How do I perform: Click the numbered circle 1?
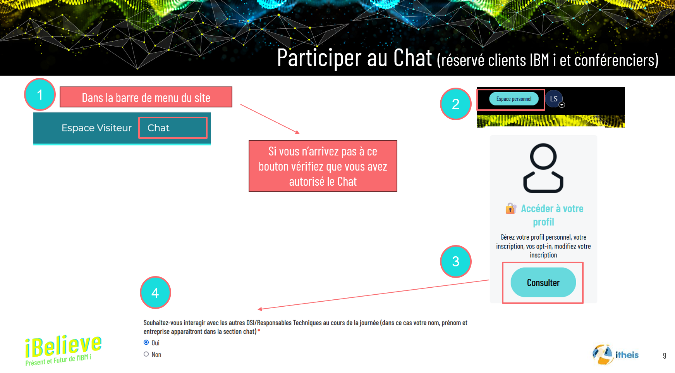pyautogui.click(x=40, y=95)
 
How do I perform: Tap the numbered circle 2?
pyautogui.click(x=455, y=104)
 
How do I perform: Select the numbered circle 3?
pyautogui.click(x=455, y=261)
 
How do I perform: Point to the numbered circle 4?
pyautogui.click(x=155, y=293)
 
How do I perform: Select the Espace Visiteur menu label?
pyautogui.click(x=96, y=128)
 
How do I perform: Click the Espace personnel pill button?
pyautogui.click(x=514, y=99)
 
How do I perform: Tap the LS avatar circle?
pyautogui.click(x=554, y=99)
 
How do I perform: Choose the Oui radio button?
pyautogui.click(x=146, y=342)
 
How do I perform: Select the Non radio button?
pyautogui.click(x=146, y=354)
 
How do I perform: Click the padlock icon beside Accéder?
pyautogui.click(x=511, y=209)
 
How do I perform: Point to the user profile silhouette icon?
pyautogui.click(x=543, y=168)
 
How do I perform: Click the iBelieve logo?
pyautogui.click(x=63, y=349)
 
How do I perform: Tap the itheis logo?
pyautogui.click(x=615, y=354)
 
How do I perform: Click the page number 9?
pyautogui.click(x=665, y=356)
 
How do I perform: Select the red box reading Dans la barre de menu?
pyautogui.click(x=146, y=97)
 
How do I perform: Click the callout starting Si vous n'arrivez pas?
pyautogui.click(x=323, y=166)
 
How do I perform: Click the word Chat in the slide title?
pyautogui.click(x=412, y=58)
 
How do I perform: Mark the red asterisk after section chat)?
pyautogui.click(x=259, y=331)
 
